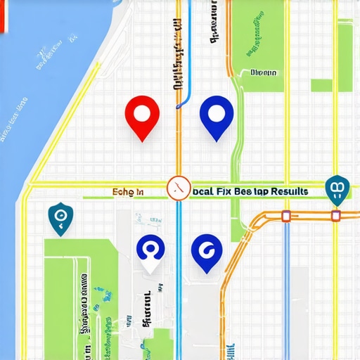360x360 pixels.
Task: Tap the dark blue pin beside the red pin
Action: [x=216, y=116]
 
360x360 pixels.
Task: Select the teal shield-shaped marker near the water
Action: [x=59, y=217]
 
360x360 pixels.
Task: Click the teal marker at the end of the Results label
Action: [x=337, y=189]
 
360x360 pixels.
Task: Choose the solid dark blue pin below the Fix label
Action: [x=207, y=252]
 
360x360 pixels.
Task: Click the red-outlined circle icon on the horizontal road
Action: [x=179, y=188]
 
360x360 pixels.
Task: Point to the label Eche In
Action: [x=128, y=191]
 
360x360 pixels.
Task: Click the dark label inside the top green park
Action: [x=264, y=72]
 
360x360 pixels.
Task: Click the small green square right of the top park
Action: [x=321, y=85]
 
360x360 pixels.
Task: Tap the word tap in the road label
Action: [x=266, y=191]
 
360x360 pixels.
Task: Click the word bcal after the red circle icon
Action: [x=202, y=191]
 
